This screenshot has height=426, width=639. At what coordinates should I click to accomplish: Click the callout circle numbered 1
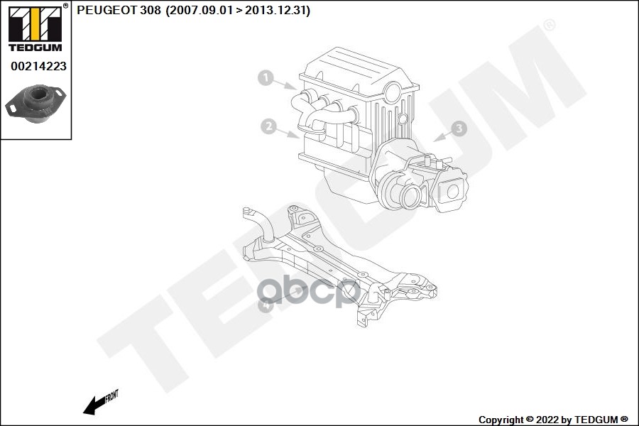pos(266,77)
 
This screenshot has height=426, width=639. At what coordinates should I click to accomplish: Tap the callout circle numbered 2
pos(269,126)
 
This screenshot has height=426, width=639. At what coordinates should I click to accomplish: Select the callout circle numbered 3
pos(459,129)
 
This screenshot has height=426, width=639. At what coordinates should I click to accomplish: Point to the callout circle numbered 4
pos(266,305)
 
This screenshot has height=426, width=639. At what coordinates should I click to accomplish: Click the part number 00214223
pos(39,66)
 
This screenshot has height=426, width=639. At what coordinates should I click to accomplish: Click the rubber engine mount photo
pos(36,104)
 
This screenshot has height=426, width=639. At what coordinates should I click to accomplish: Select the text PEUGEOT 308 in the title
pos(119,10)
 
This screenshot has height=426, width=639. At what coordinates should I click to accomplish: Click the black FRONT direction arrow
pos(94,405)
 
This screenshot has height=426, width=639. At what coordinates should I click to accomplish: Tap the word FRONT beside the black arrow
pos(111,396)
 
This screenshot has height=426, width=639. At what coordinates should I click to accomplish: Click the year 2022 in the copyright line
pos(547,420)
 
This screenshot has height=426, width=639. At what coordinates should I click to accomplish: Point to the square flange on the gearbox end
pos(452,191)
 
